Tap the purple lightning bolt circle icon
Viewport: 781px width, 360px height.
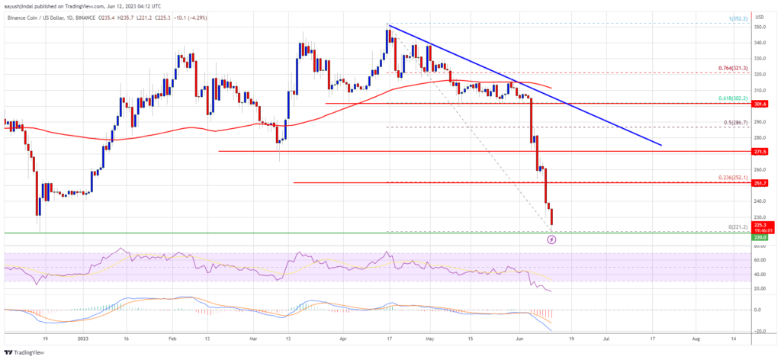(553, 239)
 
